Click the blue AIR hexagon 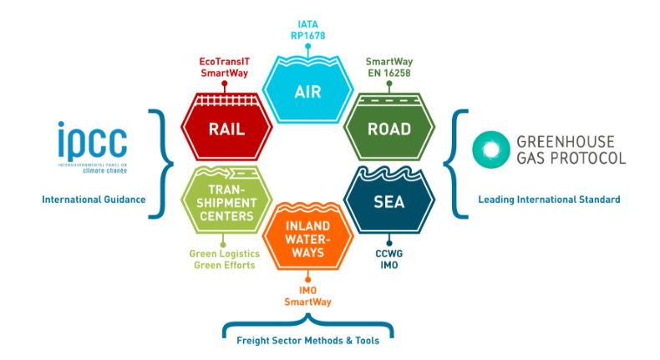pyautogui.click(x=307, y=89)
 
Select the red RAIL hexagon pyautogui.click(x=226, y=127)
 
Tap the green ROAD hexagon pyautogui.click(x=389, y=127)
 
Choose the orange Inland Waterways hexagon pyautogui.click(x=307, y=236)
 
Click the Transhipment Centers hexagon pyautogui.click(x=226, y=200)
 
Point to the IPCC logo pyautogui.click(x=93, y=147)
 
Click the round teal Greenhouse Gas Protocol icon pyautogui.click(x=490, y=150)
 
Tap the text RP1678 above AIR pyautogui.click(x=308, y=36)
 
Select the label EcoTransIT pyautogui.click(x=225, y=62)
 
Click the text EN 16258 pyautogui.click(x=389, y=73)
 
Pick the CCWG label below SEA pyautogui.click(x=389, y=253)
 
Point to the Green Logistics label pyautogui.click(x=225, y=253)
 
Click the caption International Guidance pyautogui.click(x=94, y=199)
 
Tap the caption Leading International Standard pyautogui.click(x=549, y=199)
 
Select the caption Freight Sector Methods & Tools pyautogui.click(x=307, y=340)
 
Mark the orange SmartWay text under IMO pyautogui.click(x=307, y=302)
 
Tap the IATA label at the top pyautogui.click(x=307, y=24)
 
